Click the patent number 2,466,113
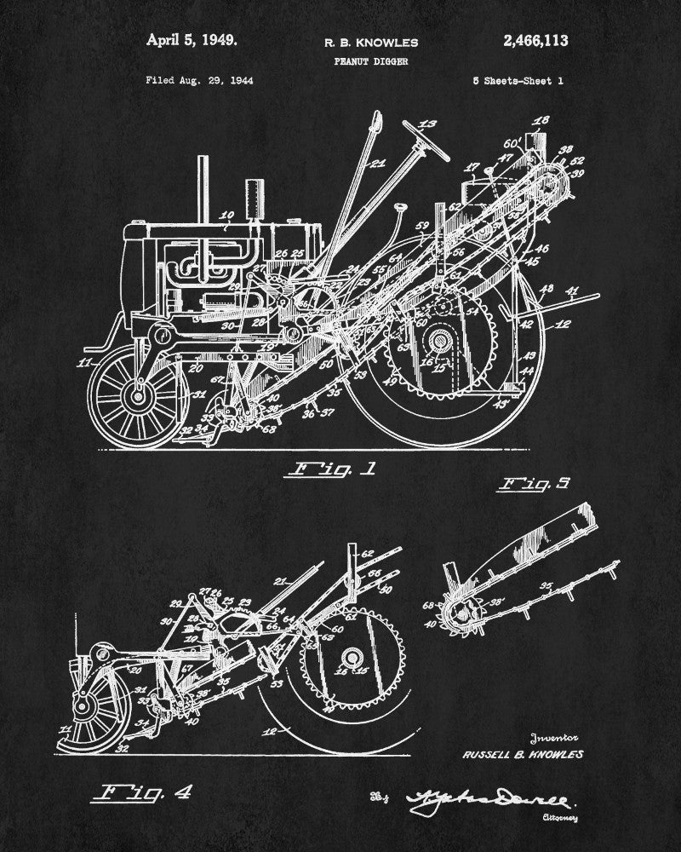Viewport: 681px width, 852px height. tap(535, 40)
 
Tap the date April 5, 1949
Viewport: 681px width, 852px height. tap(192, 39)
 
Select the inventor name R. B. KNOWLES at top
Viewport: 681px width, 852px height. tap(359, 42)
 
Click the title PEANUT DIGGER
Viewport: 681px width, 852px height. tap(358, 60)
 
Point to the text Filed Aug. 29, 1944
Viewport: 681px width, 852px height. tap(199, 81)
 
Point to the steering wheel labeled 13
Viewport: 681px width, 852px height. tap(425, 138)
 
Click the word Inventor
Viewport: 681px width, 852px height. tap(554, 738)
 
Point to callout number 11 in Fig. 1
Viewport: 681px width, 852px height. tap(83, 364)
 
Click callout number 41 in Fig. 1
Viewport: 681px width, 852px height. tap(572, 292)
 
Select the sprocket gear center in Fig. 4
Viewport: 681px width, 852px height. tap(350, 659)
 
